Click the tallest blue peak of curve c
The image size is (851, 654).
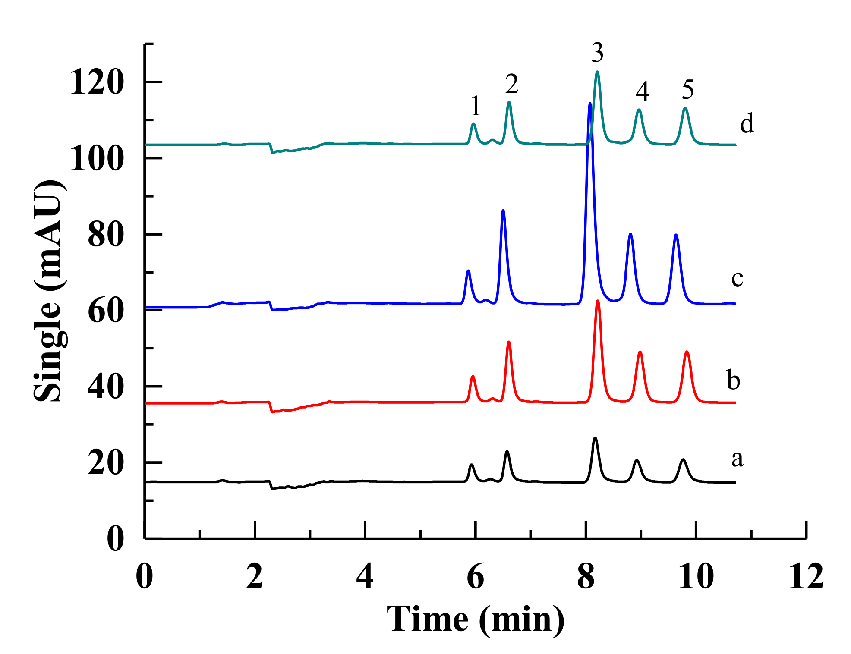tap(589, 104)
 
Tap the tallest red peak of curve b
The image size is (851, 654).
tap(598, 301)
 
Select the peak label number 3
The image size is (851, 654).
tap(597, 53)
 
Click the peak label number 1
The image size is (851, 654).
tap(476, 106)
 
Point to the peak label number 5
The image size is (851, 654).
tap(688, 90)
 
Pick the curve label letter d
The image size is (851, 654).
tap(747, 123)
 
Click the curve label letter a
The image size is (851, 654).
tap(738, 459)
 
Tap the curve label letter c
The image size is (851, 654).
tap(738, 278)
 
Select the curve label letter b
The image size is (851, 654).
tap(734, 380)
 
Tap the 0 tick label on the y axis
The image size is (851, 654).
tap(115, 539)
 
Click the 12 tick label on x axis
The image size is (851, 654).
tap(806, 576)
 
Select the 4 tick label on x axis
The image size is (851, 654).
tap(365, 576)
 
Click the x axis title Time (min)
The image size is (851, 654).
tap(476, 619)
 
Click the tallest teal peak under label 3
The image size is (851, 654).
tap(597, 72)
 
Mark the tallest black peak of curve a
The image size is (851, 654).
tap(595, 438)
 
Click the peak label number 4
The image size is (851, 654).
tap(643, 91)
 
